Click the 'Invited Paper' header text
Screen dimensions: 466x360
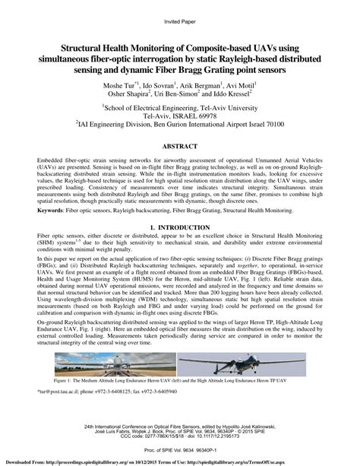click(x=180, y=10)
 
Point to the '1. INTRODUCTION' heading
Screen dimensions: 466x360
click(x=180, y=227)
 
